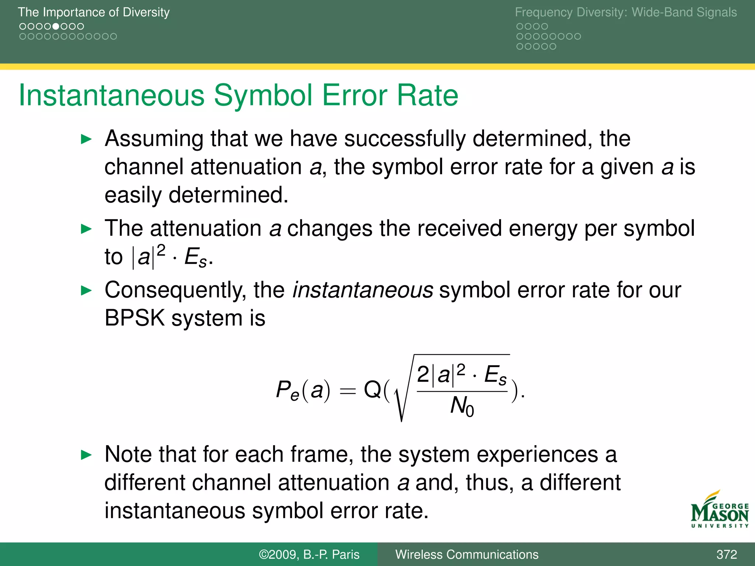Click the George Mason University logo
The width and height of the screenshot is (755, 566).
click(719, 510)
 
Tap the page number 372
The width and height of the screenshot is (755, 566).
click(727, 555)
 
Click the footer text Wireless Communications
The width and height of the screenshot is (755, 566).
click(467, 555)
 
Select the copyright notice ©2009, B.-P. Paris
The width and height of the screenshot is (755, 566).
click(309, 555)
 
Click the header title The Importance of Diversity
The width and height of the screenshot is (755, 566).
click(94, 12)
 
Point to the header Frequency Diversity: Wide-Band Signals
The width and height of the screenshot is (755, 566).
click(626, 12)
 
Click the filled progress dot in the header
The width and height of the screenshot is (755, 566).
click(56, 27)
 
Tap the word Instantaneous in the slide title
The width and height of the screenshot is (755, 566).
click(111, 95)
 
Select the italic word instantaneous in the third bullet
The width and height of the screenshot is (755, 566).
click(362, 290)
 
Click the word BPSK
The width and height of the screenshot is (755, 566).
click(135, 318)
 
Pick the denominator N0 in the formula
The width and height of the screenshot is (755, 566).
click(462, 406)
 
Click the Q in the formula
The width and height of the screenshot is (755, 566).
click(372, 389)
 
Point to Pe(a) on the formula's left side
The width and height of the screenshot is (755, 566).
click(303, 390)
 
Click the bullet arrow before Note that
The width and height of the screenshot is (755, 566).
click(86, 455)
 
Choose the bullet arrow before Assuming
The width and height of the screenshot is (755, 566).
click(86, 139)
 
